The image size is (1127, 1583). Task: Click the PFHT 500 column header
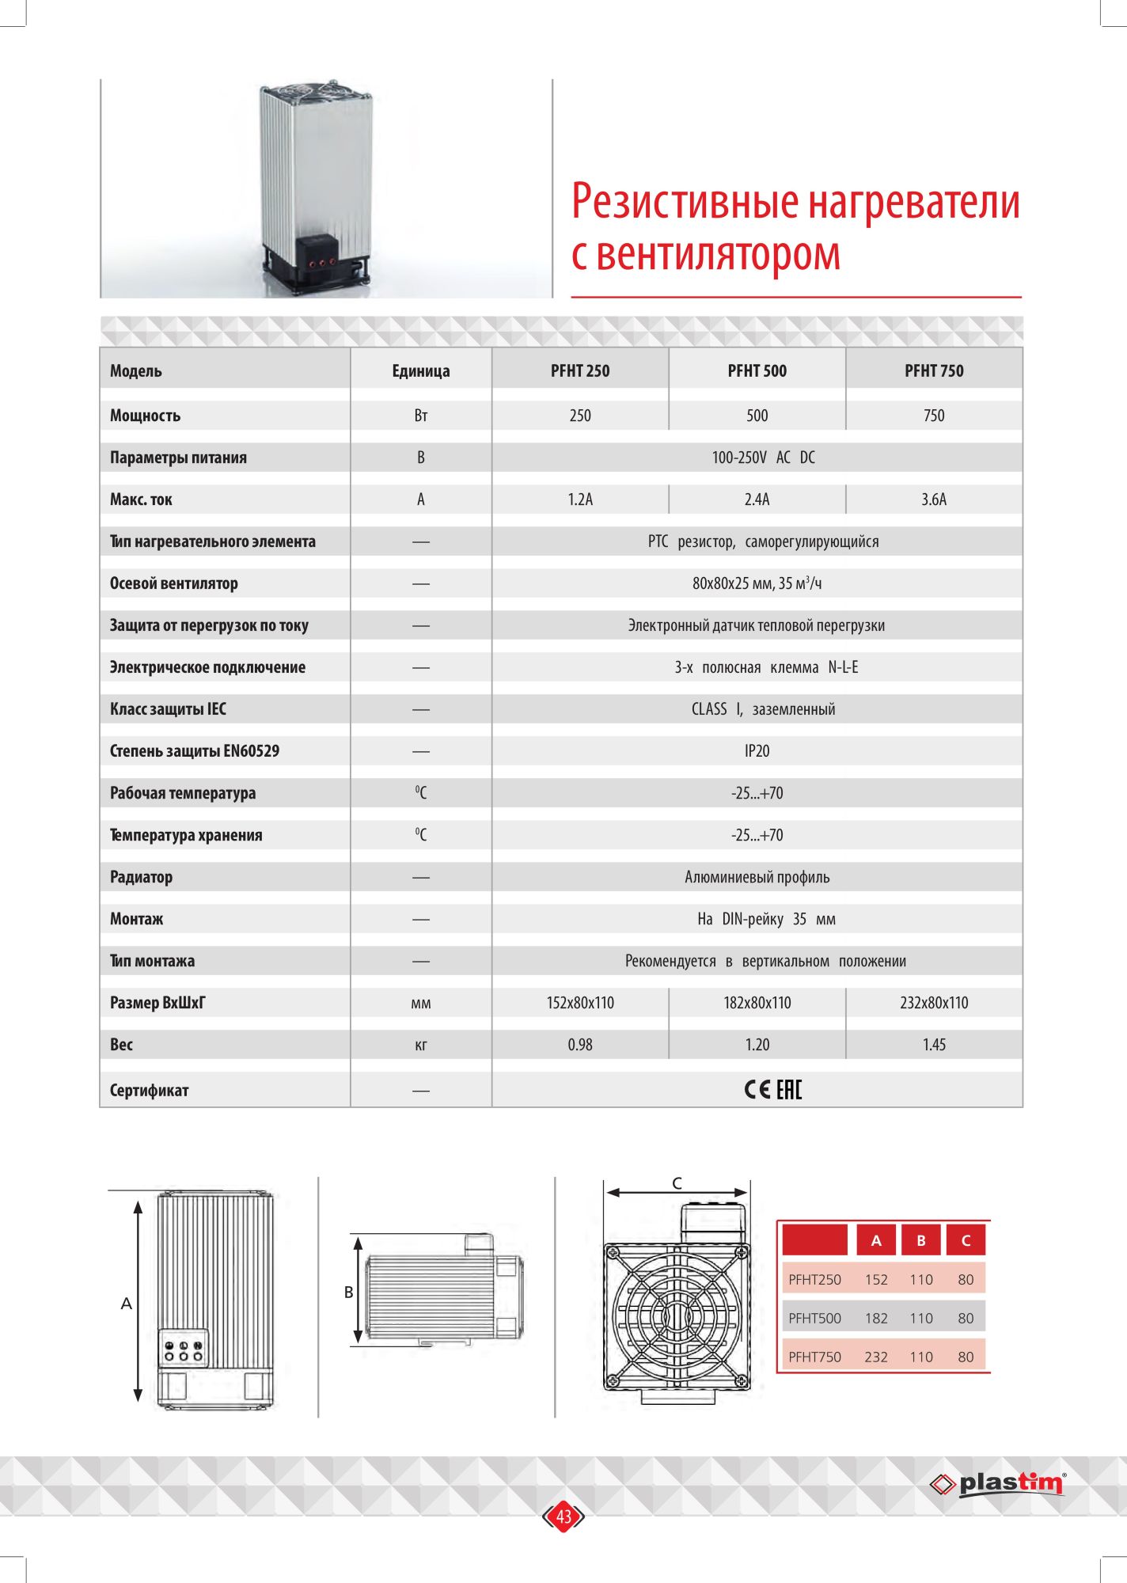click(757, 370)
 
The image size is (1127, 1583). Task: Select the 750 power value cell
click(933, 416)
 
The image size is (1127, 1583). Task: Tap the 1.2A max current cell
click(579, 499)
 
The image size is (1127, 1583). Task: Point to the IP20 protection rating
click(757, 751)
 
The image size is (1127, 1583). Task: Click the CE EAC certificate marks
click(772, 1090)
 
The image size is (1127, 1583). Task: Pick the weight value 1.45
click(933, 1045)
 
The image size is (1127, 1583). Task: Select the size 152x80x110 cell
click(579, 1003)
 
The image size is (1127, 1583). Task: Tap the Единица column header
click(420, 370)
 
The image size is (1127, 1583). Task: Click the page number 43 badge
click(563, 1517)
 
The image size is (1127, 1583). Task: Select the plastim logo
click(999, 1483)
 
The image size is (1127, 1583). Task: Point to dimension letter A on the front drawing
click(126, 1304)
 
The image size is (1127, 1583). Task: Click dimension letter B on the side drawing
click(348, 1293)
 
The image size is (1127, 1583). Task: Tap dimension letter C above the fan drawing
click(677, 1183)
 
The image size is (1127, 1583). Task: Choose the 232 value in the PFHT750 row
click(875, 1357)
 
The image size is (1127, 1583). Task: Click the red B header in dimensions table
click(920, 1240)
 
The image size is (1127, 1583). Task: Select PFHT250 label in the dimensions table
click(814, 1280)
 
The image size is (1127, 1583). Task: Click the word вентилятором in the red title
click(719, 254)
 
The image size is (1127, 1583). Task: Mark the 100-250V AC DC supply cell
click(763, 457)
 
